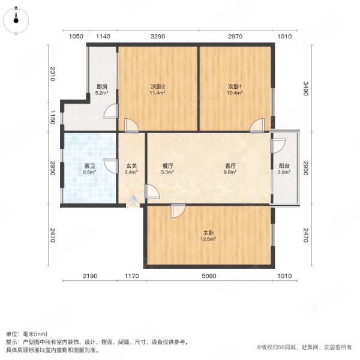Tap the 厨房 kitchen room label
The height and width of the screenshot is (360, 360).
click(x=102, y=86)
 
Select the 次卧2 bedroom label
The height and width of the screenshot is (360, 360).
click(x=158, y=86)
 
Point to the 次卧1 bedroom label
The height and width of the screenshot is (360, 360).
click(x=235, y=86)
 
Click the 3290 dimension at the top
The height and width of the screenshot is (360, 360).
click(x=158, y=37)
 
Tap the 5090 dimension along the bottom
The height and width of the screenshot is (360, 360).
click(x=208, y=276)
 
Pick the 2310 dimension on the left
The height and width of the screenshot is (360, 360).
click(x=53, y=74)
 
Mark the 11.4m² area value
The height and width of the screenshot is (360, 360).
click(x=158, y=94)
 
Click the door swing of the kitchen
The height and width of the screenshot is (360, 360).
click(x=111, y=112)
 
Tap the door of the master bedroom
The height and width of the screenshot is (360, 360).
click(x=178, y=211)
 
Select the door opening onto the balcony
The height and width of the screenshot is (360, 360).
click(x=278, y=146)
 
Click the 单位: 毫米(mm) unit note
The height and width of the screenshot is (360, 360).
click(x=28, y=334)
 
